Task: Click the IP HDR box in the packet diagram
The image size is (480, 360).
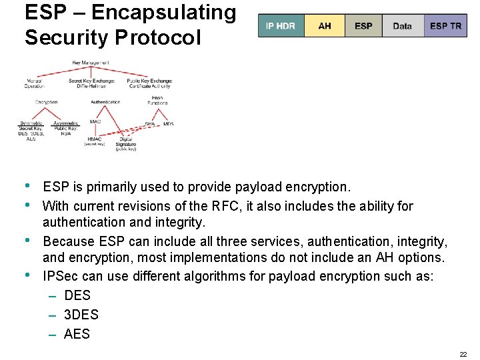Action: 281,26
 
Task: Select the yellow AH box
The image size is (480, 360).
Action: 325,26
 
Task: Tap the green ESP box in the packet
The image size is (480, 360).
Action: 363,26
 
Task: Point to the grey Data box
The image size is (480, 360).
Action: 402,26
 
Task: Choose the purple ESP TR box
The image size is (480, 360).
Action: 445,26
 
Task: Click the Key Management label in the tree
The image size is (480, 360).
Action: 91,63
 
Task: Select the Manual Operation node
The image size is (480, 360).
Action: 34,83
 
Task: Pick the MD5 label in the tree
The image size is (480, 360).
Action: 168,124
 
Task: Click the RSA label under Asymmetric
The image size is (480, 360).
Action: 65,133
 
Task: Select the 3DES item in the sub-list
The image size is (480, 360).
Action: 81,315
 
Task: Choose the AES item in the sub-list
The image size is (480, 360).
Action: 77,334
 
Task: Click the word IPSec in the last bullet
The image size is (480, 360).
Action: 59,276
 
